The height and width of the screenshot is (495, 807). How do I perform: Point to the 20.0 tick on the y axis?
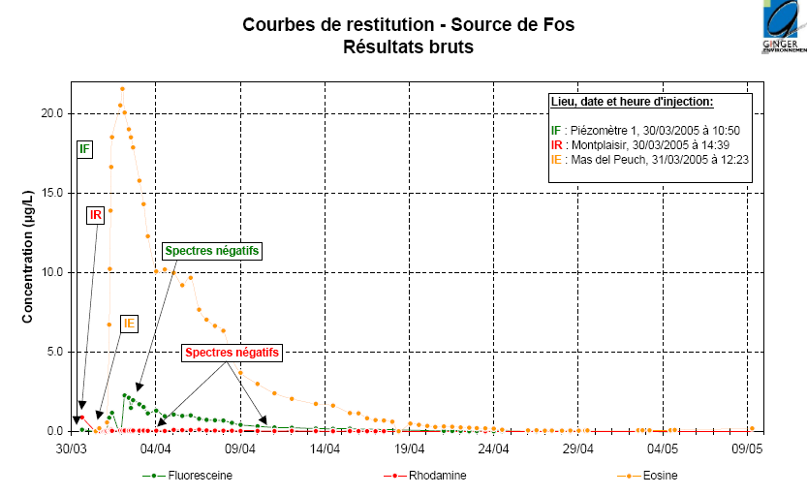[51, 113]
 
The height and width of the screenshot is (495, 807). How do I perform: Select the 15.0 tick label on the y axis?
[51, 193]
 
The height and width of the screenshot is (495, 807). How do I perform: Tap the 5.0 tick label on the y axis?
[54, 352]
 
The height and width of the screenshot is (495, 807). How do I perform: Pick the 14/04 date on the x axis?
[325, 449]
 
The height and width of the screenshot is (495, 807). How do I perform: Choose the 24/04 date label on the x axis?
[494, 449]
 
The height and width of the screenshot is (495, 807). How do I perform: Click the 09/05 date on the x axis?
[748, 449]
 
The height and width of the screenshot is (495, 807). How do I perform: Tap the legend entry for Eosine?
[659, 476]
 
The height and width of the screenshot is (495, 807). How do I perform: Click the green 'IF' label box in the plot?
[85, 149]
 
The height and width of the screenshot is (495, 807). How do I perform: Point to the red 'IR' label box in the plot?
[96, 214]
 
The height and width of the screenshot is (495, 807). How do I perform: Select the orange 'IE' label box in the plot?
[129, 324]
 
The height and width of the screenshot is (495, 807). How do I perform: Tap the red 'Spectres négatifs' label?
[233, 353]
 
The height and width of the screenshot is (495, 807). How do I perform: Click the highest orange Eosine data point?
[122, 89]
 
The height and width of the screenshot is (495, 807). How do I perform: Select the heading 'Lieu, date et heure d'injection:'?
[632, 102]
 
